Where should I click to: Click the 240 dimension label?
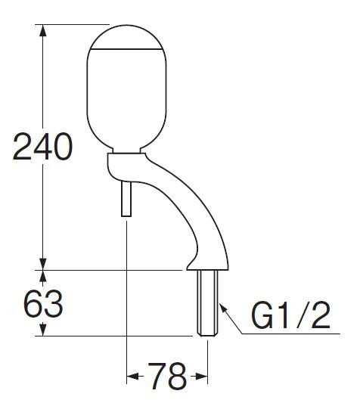pyautogui.click(x=42, y=147)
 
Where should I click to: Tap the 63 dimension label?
pyautogui.click(x=43, y=303)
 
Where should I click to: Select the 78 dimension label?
pyautogui.click(x=167, y=377)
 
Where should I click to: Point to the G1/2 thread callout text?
pyautogui.click(x=291, y=315)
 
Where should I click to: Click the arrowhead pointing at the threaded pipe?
pyautogui.click(x=223, y=309)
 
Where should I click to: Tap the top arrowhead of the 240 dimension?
pyautogui.click(x=43, y=30)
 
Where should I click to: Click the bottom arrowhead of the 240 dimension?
pyautogui.click(x=43, y=264)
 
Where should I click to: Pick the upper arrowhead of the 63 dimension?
pyautogui.click(x=43, y=276)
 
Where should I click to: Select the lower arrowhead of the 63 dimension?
pyautogui.click(x=43, y=330)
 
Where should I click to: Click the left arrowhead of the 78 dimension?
pyautogui.click(x=133, y=377)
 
